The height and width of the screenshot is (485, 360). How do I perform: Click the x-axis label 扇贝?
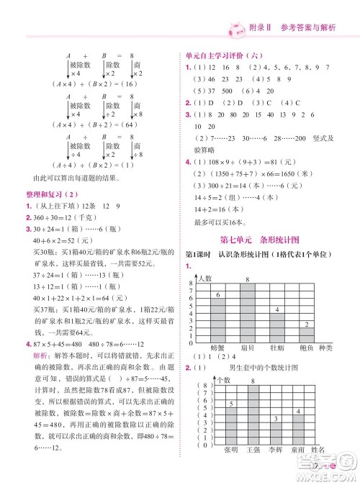click(x=246, y=350)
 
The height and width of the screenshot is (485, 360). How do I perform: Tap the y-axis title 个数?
click(x=224, y=378)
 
